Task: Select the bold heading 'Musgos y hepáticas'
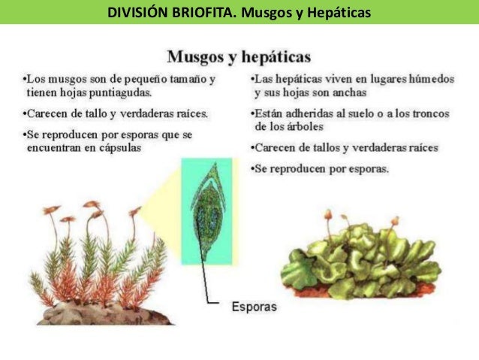239,57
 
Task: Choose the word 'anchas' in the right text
348,93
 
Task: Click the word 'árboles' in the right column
300,126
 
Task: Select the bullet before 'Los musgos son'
23,79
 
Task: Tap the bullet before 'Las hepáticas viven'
251,79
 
